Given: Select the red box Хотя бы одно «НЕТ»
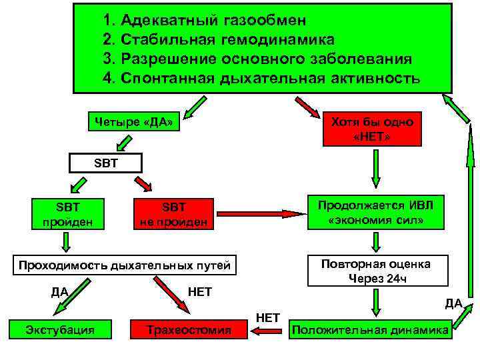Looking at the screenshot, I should click(372, 129).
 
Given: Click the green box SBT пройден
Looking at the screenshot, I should click(67, 213).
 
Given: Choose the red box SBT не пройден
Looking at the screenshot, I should click(174, 213).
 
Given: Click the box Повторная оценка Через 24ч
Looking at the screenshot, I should click(375, 271).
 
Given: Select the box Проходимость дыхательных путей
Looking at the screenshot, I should click(124, 265).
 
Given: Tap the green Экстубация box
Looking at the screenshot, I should click(59, 329).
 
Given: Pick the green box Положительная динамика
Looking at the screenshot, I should click(370, 329).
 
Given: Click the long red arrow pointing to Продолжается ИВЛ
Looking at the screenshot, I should click(260, 214).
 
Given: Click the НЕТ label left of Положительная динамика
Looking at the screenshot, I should click(269, 315).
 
